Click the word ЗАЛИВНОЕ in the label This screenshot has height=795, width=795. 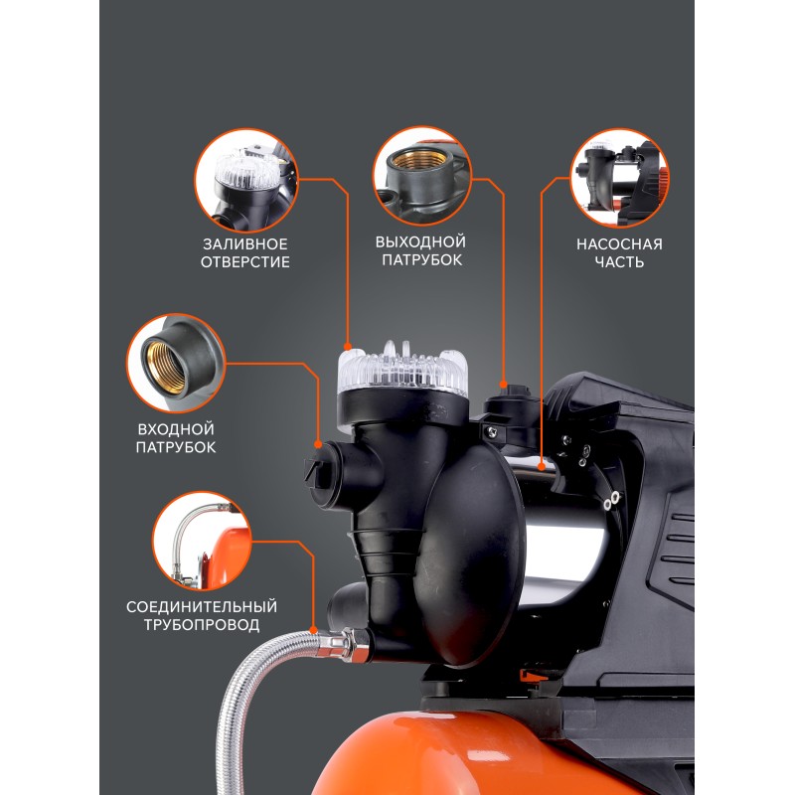pyautogui.click(x=244, y=244)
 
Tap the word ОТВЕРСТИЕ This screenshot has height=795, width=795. pyautogui.click(x=244, y=262)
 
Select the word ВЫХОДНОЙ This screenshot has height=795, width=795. pyautogui.click(x=420, y=241)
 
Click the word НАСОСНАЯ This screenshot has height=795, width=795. pyautogui.click(x=619, y=244)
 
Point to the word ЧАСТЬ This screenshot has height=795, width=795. pyautogui.click(x=619, y=262)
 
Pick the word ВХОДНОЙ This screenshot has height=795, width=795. pyautogui.click(x=176, y=429)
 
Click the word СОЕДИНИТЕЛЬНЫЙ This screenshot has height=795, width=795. pyautogui.click(x=202, y=607)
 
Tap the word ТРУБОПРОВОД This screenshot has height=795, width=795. pyautogui.click(x=202, y=625)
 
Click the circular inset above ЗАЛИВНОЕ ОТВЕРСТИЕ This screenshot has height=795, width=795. pyautogui.click(x=246, y=180)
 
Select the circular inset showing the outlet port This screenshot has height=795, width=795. pyautogui.click(x=422, y=176)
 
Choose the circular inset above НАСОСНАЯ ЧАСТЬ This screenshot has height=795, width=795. pyautogui.click(x=619, y=178)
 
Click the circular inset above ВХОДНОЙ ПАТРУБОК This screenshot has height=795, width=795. pyautogui.click(x=176, y=363)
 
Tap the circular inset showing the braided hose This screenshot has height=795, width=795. pyautogui.click(x=203, y=541)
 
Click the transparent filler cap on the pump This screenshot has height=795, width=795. pyautogui.click(x=402, y=370)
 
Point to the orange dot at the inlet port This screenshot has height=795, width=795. pyautogui.click(x=318, y=444)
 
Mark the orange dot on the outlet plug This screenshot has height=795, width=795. pyautogui.click(x=503, y=384)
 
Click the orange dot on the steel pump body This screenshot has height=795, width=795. pyautogui.click(x=542, y=464)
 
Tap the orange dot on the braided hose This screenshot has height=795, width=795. pyautogui.click(x=314, y=631)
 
